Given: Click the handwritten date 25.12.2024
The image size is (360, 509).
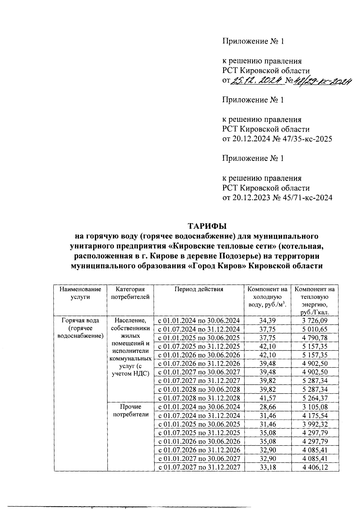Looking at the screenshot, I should pos(256,80).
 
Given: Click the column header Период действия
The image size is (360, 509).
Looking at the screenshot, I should pos(199,289).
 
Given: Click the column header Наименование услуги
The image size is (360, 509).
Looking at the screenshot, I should pos(80,293).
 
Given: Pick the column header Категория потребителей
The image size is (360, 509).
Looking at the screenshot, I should pos(130,293).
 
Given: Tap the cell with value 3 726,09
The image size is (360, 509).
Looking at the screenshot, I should pos(315,320).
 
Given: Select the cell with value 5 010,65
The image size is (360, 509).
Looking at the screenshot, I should pos(315,329).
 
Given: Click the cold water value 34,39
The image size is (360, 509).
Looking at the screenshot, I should pos(268,320).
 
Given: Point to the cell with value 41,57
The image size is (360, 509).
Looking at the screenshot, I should pos(268,398).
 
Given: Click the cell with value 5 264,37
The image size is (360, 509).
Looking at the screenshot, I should pos(315,398).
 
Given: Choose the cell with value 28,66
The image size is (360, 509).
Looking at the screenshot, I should pos(268,407).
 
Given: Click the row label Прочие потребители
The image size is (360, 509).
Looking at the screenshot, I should pos(130,411).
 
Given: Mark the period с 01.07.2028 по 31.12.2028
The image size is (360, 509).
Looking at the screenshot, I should pos(199,398).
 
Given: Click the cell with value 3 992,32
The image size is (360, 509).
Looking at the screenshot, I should pos(315,424).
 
